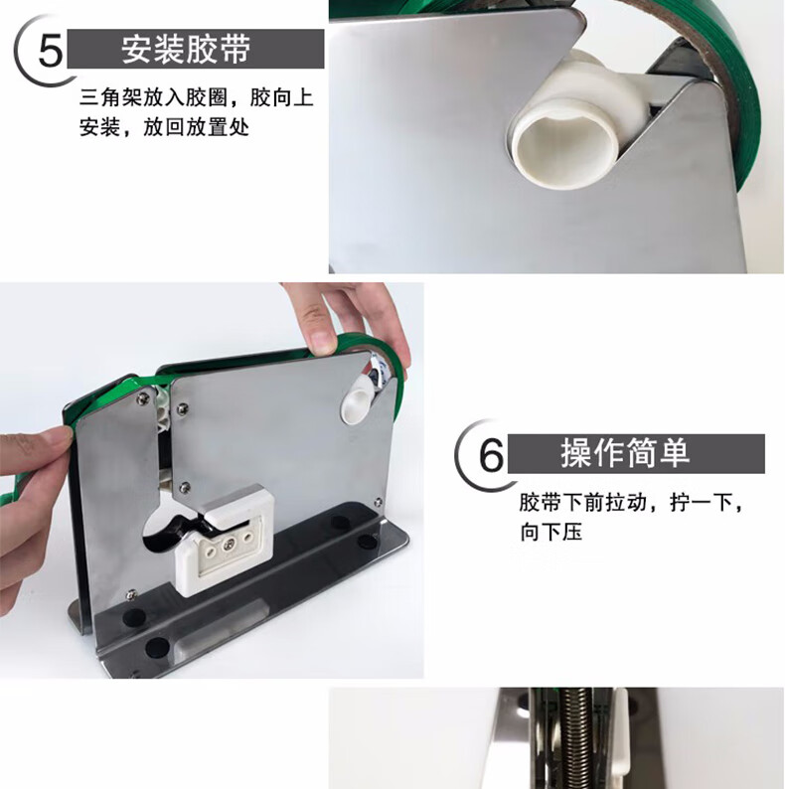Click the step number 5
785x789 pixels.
[x=51, y=51]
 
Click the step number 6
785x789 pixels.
[x=491, y=455]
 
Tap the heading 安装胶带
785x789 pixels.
[x=186, y=50]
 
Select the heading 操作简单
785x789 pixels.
[x=625, y=453]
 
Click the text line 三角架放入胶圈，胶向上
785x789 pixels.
[x=197, y=97]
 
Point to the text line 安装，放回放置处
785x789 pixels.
[x=164, y=127]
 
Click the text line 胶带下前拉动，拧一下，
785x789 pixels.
[x=631, y=503]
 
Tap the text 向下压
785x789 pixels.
[x=551, y=532]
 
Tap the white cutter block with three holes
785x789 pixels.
[x=225, y=539]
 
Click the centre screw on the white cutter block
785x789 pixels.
[x=230, y=544]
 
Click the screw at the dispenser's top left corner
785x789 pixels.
[x=142, y=398]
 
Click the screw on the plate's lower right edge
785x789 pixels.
[x=378, y=502]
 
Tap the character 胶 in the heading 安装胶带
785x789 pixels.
[x=202, y=50]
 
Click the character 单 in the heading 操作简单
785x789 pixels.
[x=674, y=453]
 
